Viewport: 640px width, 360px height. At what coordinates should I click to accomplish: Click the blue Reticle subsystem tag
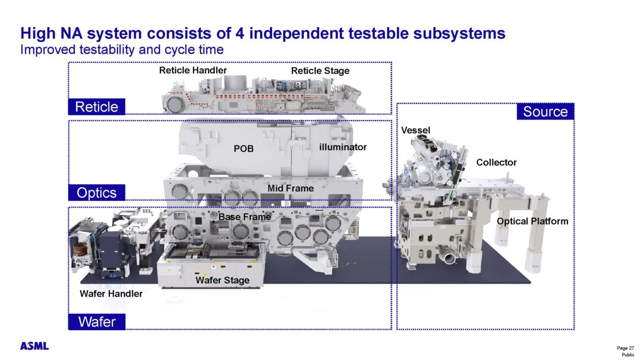[97, 107]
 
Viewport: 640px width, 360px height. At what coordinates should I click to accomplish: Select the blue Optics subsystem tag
[96, 193]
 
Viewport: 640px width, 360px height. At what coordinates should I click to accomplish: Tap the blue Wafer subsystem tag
[97, 322]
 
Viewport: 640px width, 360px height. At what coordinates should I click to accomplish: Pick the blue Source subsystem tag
[545, 111]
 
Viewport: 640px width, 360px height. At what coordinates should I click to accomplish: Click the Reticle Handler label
[193, 70]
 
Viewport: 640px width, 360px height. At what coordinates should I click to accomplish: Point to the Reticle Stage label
[320, 71]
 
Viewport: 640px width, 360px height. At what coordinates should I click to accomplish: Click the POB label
[244, 149]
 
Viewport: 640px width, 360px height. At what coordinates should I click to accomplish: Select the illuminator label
[343, 147]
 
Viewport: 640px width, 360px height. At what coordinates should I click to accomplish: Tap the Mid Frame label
[291, 188]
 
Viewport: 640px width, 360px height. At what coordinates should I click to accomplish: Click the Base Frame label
[245, 217]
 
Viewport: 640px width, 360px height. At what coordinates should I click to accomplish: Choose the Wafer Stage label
[222, 280]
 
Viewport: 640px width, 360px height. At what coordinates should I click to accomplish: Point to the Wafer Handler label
[111, 293]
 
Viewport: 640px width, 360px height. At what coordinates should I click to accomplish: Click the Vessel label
[415, 130]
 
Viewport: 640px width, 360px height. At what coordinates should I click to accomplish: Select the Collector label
[496, 162]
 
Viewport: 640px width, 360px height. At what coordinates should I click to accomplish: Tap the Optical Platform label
[532, 221]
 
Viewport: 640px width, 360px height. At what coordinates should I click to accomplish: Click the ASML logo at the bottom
[35, 346]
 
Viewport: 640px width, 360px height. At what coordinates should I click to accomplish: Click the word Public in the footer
[628, 355]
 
